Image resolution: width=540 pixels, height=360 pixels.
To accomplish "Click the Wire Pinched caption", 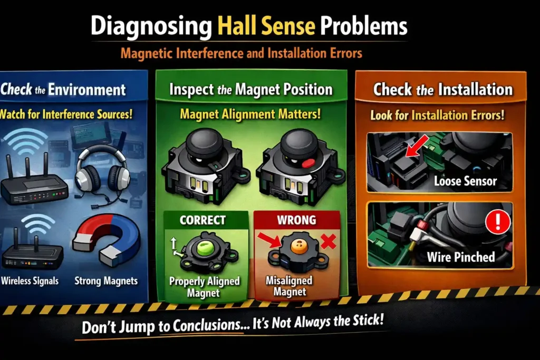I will [460, 257].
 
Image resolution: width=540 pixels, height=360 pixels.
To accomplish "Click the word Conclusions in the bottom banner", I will [204, 326].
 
